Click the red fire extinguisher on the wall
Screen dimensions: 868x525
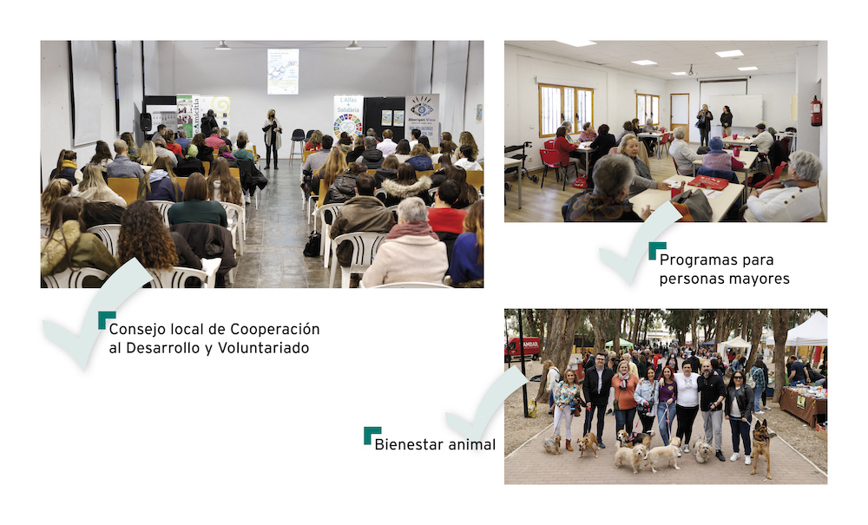[x=816, y=111]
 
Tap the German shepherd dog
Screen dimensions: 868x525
[x=761, y=447]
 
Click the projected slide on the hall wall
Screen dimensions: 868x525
[x=283, y=71]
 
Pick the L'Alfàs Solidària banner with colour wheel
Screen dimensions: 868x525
[x=348, y=116]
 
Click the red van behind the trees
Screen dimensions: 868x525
[x=523, y=347]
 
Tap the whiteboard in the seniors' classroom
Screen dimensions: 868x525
[x=735, y=111]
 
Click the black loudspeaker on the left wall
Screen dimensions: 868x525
[x=146, y=121]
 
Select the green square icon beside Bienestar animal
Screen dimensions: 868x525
[x=372, y=436]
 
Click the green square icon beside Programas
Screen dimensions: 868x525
[x=657, y=251]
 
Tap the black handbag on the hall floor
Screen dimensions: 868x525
[x=312, y=245]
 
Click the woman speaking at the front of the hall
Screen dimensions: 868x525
[x=272, y=138]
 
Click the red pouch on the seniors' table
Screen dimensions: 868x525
[x=708, y=182]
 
